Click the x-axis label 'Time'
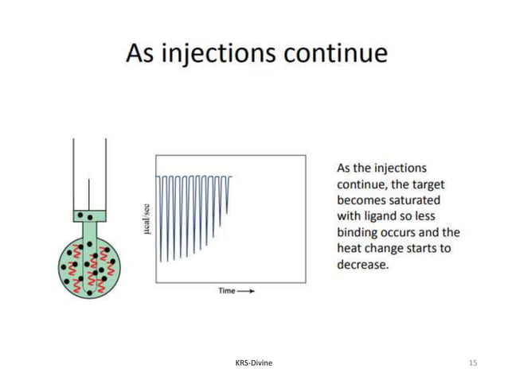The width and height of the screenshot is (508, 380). [x=227, y=292]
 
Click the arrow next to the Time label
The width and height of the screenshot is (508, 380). [x=247, y=292]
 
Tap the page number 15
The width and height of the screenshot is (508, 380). [x=473, y=363]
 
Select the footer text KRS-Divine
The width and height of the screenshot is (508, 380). [x=254, y=363]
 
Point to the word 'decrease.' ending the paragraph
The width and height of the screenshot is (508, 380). [x=363, y=265]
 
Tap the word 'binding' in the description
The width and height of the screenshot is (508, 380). [x=359, y=233]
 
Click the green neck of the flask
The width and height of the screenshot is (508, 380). [x=89, y=231]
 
